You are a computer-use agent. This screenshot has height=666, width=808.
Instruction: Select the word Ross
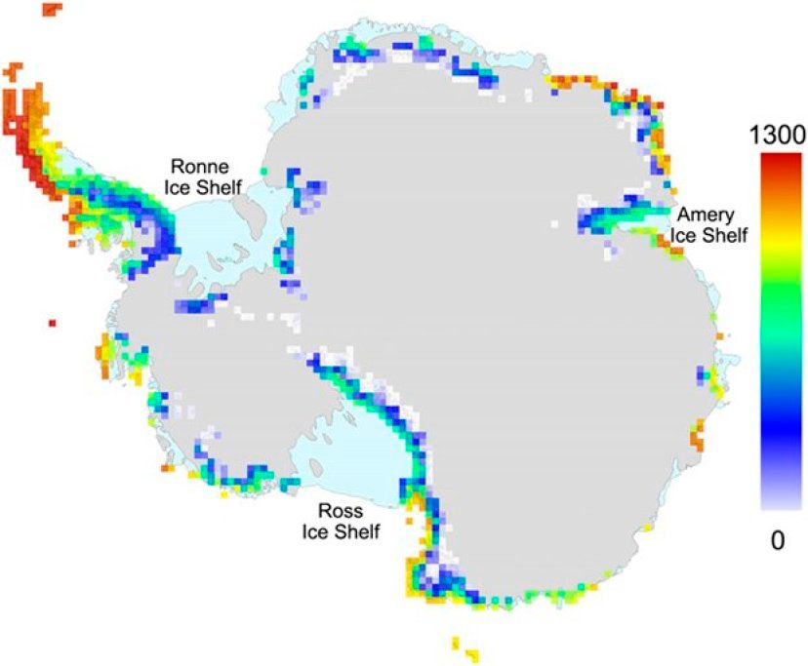tap(339, 511)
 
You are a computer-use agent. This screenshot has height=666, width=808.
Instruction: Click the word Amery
tap(700, 215)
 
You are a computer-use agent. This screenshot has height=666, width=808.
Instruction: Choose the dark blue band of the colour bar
tap(777, 429)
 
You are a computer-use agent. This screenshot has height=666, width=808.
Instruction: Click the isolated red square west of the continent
tap(52, 321)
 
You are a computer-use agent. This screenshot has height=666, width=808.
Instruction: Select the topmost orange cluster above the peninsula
tap(52, 9)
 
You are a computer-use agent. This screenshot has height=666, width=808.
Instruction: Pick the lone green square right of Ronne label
tap(263, 171)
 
